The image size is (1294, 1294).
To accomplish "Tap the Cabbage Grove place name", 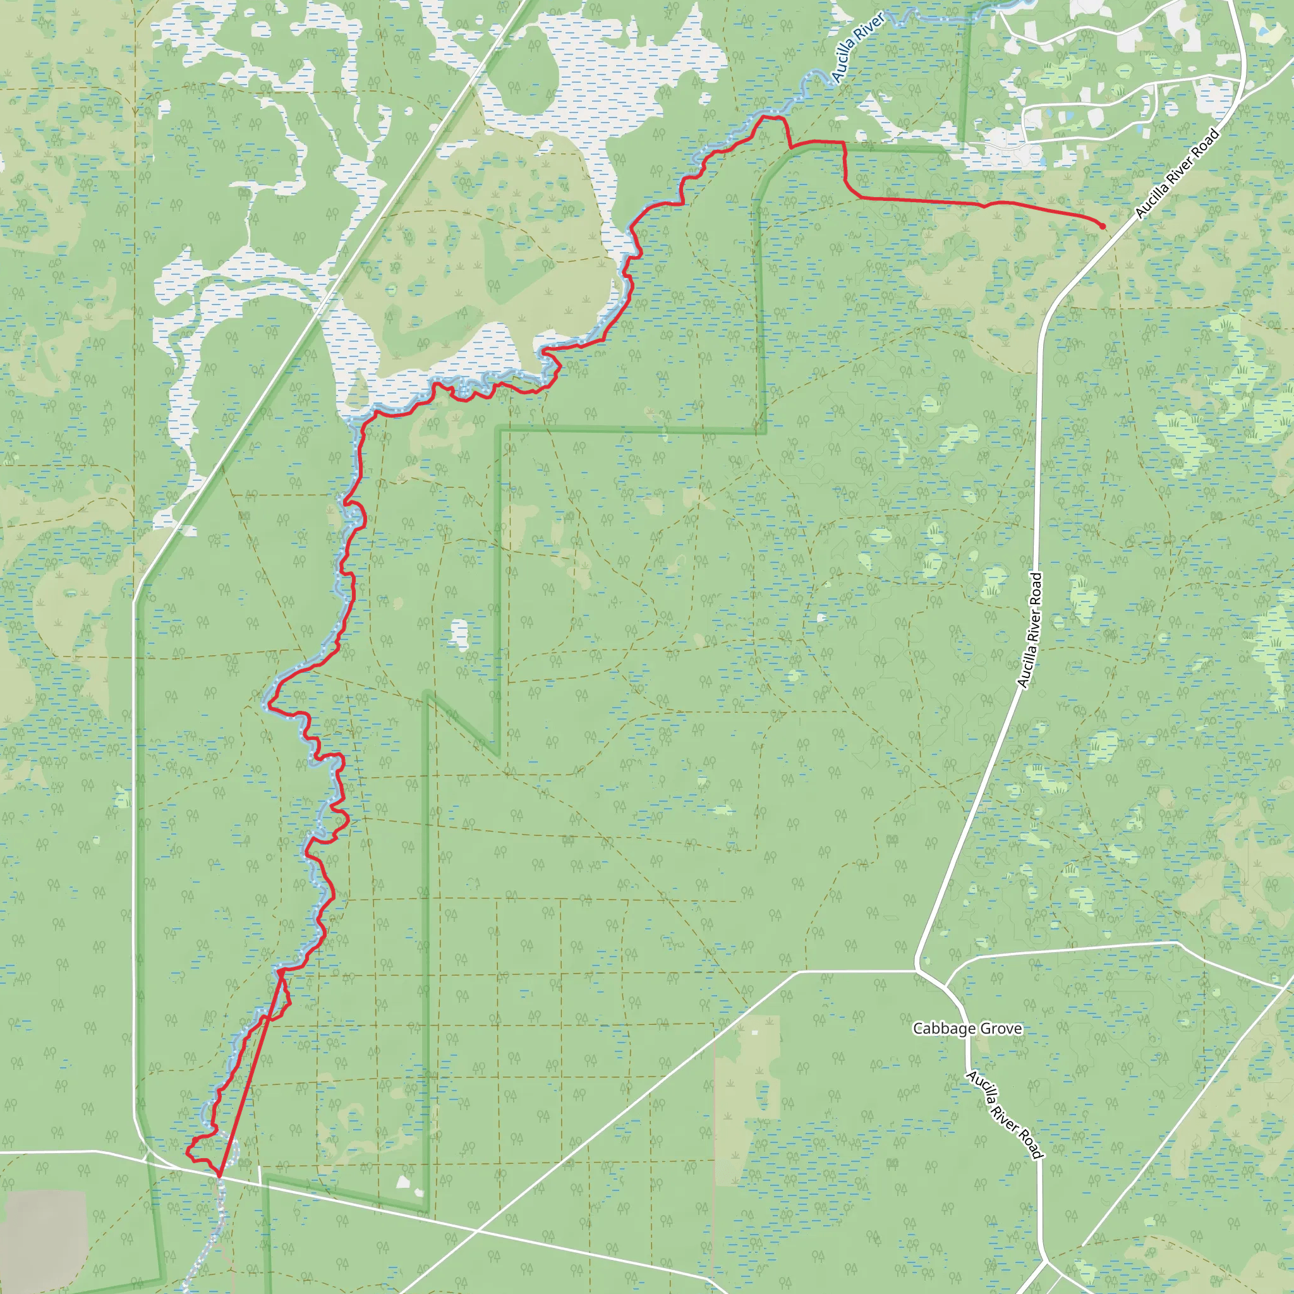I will (967, 1029).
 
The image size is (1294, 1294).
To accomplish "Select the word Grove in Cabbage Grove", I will (1000, 1029).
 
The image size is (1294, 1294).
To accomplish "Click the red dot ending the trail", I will (1103, 226).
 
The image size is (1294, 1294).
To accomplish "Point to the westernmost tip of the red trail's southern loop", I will (187, 1152).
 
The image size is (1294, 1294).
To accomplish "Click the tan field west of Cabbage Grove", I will (747, 1098).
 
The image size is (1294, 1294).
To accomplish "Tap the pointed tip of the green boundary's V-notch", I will (497, 755).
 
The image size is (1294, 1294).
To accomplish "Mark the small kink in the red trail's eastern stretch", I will (984, 205).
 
